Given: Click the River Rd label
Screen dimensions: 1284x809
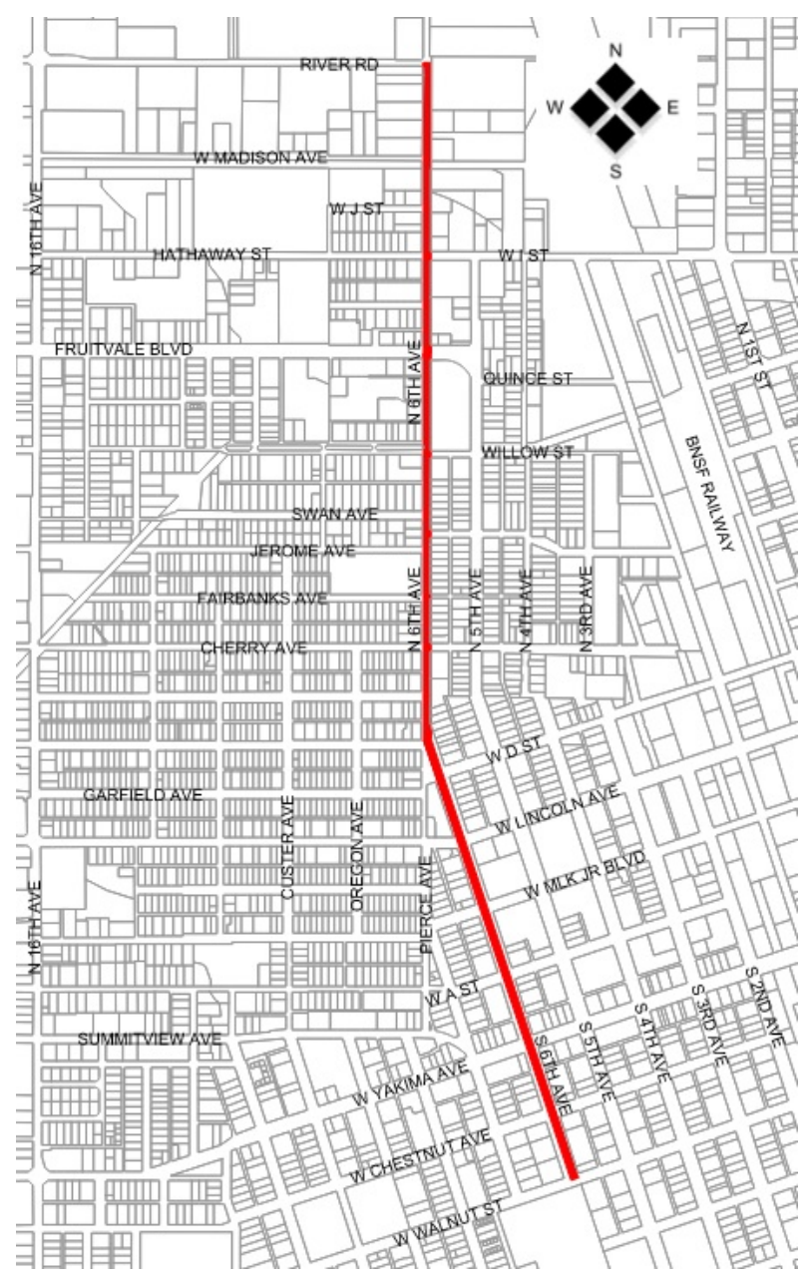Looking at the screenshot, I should tap(339, 65).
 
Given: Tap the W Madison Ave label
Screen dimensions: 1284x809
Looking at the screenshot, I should tap(260, 158).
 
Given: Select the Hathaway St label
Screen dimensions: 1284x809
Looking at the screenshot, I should tap(211, 255).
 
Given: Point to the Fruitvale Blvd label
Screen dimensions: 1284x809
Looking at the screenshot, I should tap(123, 349).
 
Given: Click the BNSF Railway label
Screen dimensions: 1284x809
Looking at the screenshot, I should tap(711, 494).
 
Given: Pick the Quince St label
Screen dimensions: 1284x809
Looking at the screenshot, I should tap(528, 379).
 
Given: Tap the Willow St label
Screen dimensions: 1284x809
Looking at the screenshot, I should tap(528, 453).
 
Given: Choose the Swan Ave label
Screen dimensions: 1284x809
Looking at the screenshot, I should tap(335, 514).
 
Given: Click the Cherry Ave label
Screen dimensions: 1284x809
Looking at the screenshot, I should tap(253, 647).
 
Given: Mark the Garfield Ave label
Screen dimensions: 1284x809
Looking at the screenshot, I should tap(143, 795).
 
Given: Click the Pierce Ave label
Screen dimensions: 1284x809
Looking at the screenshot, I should tap(426, 904).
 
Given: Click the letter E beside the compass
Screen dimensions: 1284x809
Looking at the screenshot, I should tap(671, 108).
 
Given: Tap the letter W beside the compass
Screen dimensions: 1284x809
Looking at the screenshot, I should tap(558, 108).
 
